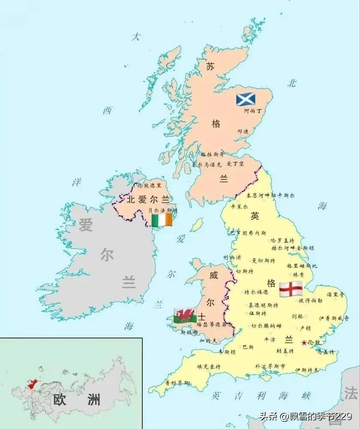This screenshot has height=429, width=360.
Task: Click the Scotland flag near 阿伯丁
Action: click(x=246, y=100)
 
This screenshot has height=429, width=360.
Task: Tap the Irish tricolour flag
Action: click(x=162, y=221)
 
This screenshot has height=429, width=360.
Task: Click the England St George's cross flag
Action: click(x=291, y=289)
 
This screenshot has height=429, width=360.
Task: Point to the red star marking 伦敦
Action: click(x=304, y=342)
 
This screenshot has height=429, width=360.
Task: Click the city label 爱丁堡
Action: click(x=235, y=163)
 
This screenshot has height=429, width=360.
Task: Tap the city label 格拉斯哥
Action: click(x=212, y=154)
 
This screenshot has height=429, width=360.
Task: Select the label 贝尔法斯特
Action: click(x=162, y=211)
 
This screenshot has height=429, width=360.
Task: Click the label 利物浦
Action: click(x=232, y=257)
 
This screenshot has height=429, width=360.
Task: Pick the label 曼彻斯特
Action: click(x=263, y=260)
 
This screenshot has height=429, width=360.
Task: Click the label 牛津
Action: click(x=270, y=339)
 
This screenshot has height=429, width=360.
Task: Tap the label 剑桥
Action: click(x=297, y=317)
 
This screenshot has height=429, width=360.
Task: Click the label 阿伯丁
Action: click(x=252, y=111)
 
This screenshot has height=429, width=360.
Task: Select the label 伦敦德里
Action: click(x=150, y=185)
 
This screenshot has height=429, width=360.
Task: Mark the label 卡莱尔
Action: click(x=239, y=206)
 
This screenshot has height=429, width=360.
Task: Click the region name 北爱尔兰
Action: click(x=148, y=199)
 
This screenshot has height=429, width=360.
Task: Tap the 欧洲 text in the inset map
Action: click(x=76, y=400)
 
